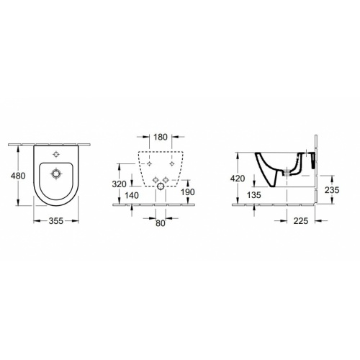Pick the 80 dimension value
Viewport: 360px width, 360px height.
pos(160,223)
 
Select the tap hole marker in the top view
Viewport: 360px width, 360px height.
pos(55,154)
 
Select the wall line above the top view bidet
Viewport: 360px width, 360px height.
pos(54,143)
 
